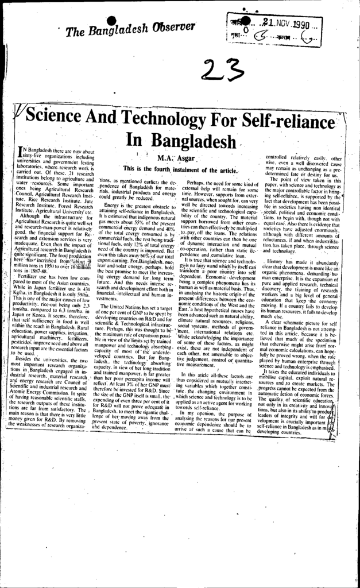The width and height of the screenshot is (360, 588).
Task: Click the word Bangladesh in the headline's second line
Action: pos(180,141)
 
